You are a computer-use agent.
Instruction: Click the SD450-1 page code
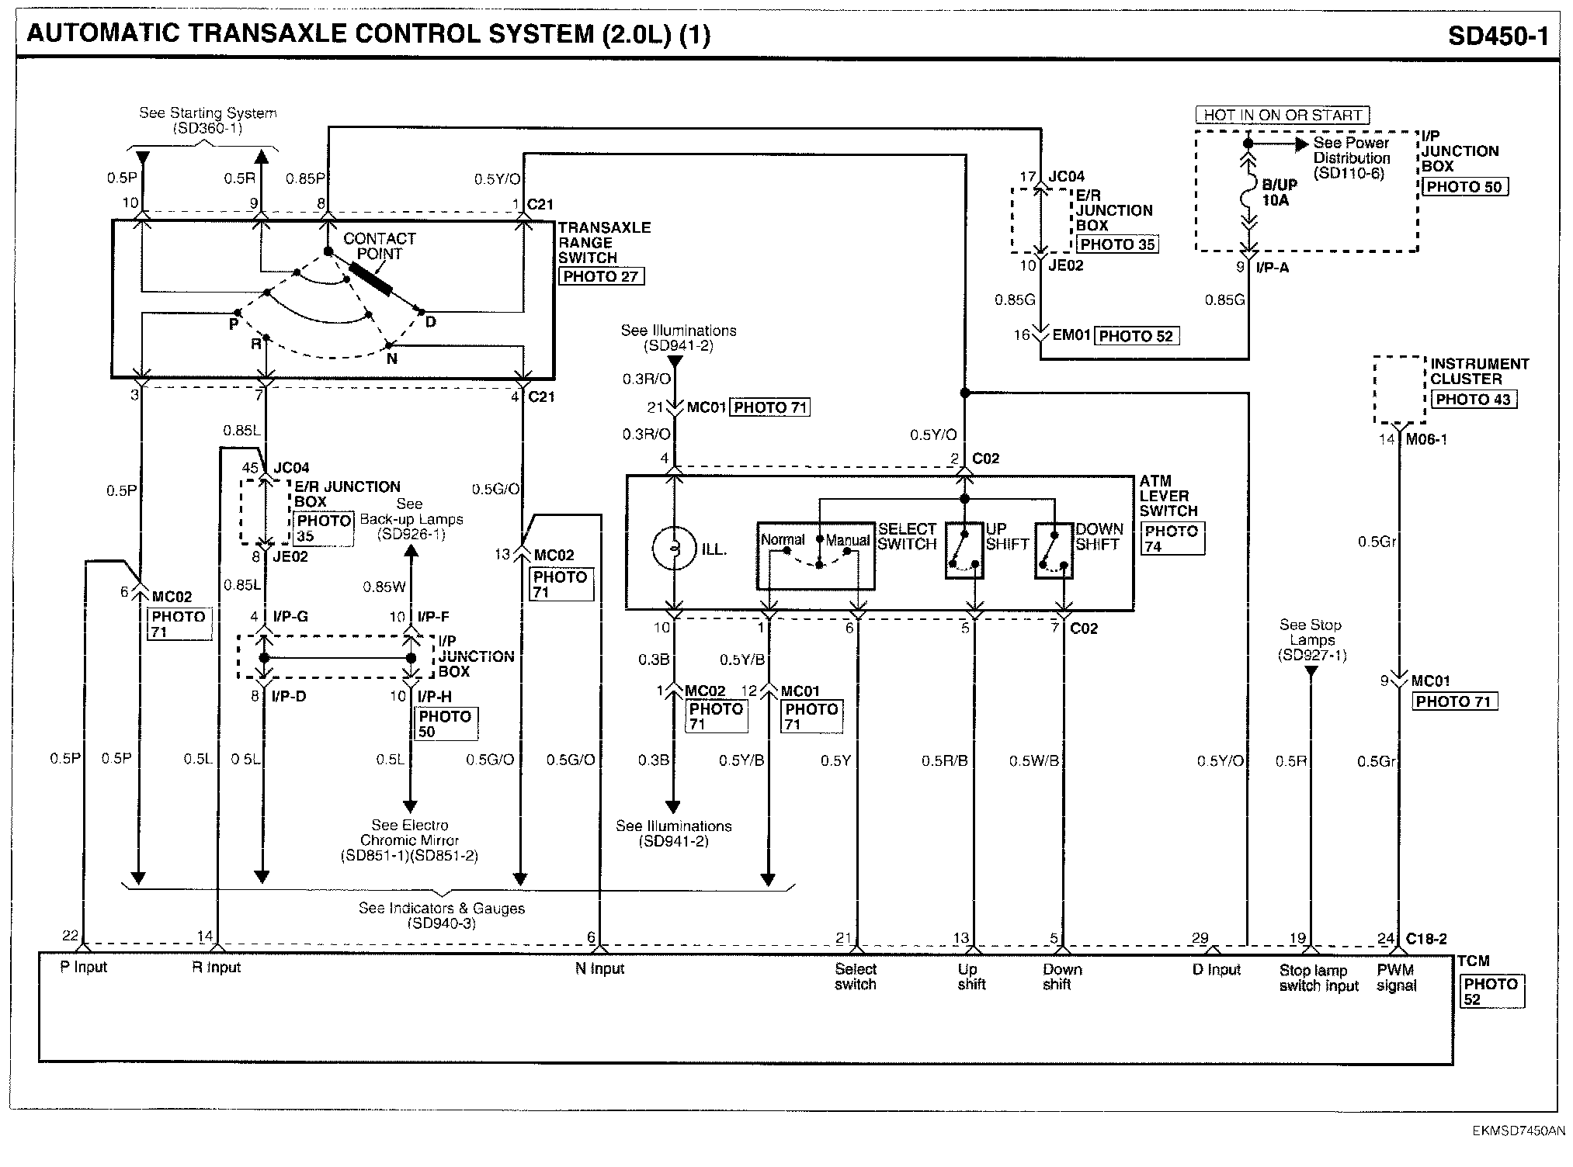pos(1498,36)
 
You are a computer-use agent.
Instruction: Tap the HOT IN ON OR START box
pos(1283,116)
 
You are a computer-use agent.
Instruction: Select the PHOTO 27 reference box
pos(601,276)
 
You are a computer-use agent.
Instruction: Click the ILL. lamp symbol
pos(674,549)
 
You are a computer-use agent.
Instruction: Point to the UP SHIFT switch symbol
pos(964,549)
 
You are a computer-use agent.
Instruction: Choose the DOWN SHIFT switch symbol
pos(1054,549)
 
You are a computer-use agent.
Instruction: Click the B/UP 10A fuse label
pos(1279,192)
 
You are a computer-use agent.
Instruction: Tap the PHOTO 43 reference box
pos(1473,400)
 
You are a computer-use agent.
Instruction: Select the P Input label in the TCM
pos(84,967)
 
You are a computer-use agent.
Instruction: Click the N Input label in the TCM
pos(600,968)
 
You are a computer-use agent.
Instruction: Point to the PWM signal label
pos(1396,978)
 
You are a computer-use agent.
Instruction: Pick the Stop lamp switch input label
pos(1319,978)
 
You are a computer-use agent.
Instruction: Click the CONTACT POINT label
pos(380,246)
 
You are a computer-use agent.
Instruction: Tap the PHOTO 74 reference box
pos(1172,538)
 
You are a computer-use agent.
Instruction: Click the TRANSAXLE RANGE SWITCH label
pos(604,242)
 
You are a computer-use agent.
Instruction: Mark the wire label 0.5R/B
pos(945,760)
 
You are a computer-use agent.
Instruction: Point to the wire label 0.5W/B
pos(1034,760)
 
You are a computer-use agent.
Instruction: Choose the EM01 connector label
pos(1071,335)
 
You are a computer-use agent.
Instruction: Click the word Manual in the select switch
pos(848,540)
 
